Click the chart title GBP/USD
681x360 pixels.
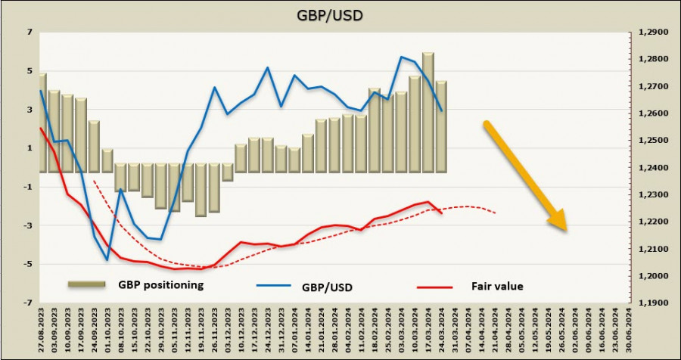[x=339, y=14]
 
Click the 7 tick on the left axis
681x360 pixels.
[x=29, y=33]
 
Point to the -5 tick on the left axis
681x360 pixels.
[x=27, y=264]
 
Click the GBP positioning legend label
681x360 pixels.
[x=161, y=285]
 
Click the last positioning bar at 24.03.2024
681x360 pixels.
[x=441, y=126]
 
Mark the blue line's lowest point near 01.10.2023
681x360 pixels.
[x=107, y=260]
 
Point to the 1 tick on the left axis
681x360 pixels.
[x=29, y=148]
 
